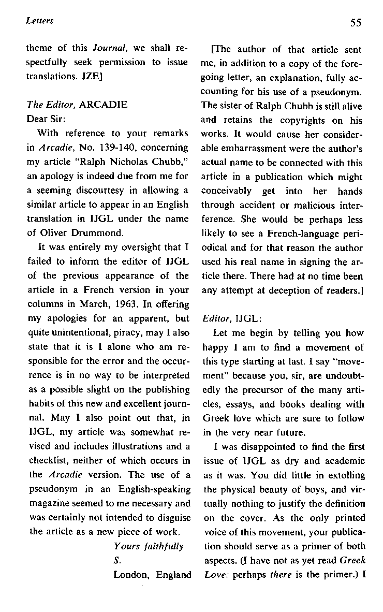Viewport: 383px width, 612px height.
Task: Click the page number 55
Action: (355, 22)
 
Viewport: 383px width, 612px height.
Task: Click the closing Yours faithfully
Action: (149, 546)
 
